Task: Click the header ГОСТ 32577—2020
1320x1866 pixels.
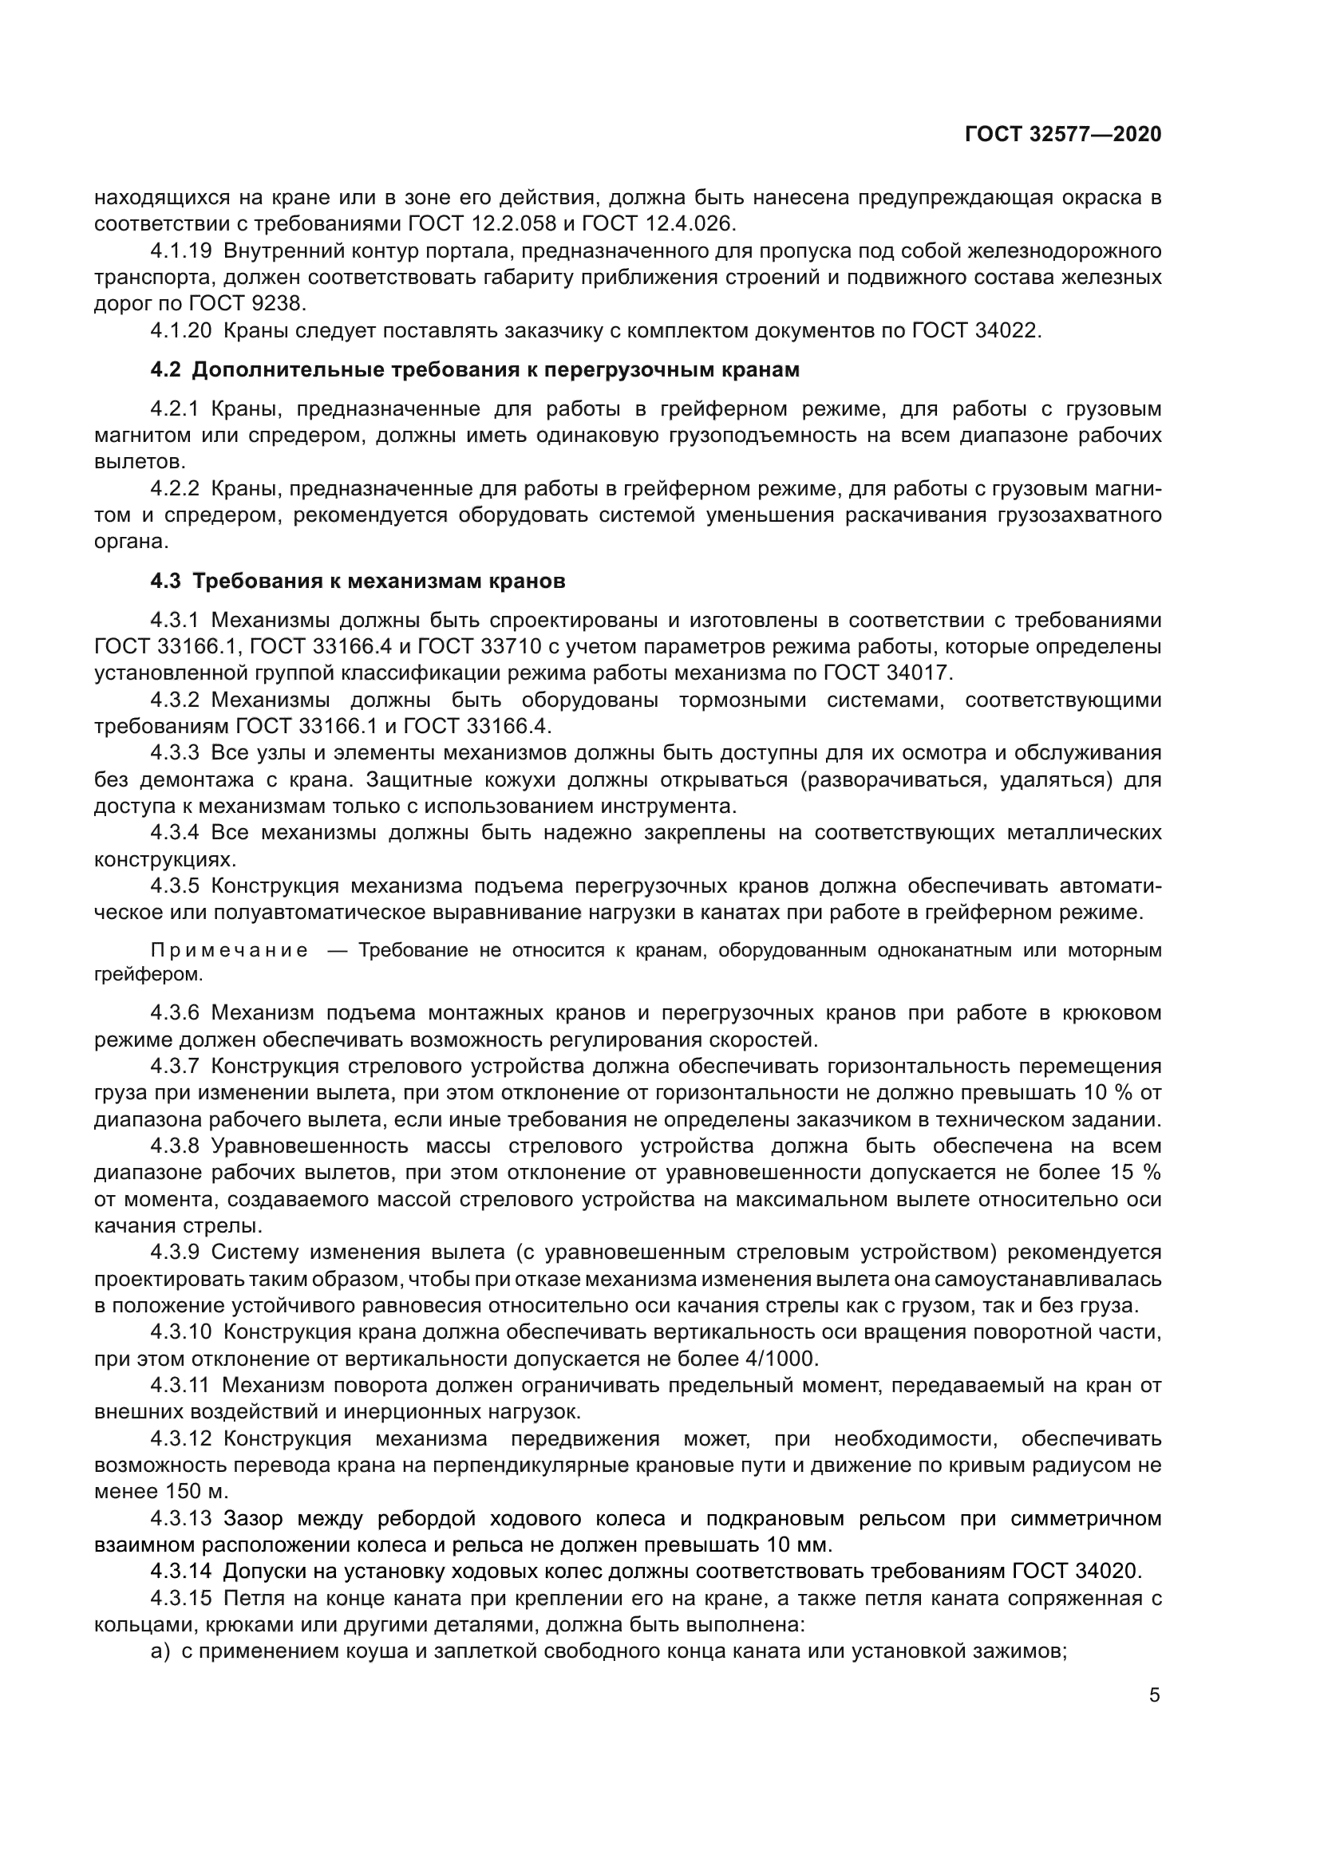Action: click(x=1062, y=134)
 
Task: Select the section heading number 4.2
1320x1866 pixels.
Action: click(x=166, y=370)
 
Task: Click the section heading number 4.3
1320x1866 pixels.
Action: click(x=166, y=582)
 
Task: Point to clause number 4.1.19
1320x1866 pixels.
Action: click(x=180, y=251)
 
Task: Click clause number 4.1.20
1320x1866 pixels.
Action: click(x=180, y=331)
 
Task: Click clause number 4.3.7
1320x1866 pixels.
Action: click(x=174, y=1067)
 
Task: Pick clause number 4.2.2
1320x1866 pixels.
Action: click(x=174, y=489)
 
